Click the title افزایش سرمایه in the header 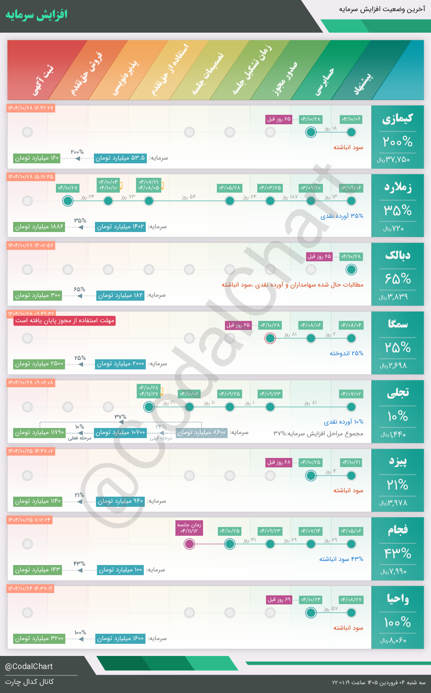click(36, 15)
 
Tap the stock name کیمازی click(397, 119)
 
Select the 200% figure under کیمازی click(397, 142)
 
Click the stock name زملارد click(398, 187)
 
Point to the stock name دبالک click(398, 256)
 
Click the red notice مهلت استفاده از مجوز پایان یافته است click(65, 321)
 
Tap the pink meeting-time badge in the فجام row click(189, 528)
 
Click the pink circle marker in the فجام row click(189, 544)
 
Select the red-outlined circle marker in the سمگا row click(270, 338)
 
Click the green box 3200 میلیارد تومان click(39, 638)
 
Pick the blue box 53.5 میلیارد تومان click(120, 158)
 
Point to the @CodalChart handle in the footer click(29, 666)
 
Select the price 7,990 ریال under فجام click(394, 572)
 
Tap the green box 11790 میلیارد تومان click(39, 432)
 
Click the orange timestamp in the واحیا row click(30, 589)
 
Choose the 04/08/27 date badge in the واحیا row click(351, 600)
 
